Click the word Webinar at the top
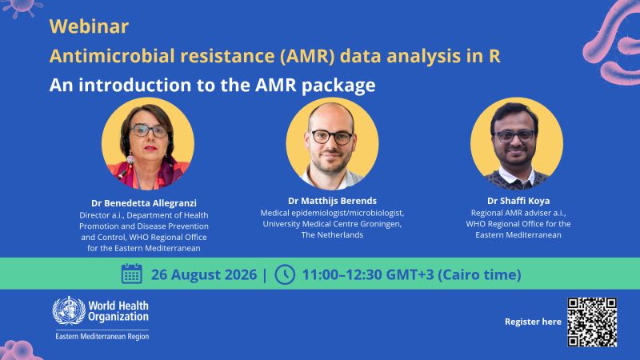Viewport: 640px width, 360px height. pyautogui.click(x=89, y=26)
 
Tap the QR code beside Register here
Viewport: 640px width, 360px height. pyautogui.click(x=592, y=322)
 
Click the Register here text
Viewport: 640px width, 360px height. pyautogui.click(x=533, y=322)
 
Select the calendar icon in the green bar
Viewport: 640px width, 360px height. pyautogui.click(x=131, y=274)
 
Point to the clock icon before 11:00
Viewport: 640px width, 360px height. pyautogui.click(x=285, y=274)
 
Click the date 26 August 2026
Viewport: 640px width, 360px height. pyautogui.click(x=204, y=274)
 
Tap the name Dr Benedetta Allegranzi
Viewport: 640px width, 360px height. pyautogui.click(x=144, y=203)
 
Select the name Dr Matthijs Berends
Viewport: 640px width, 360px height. pyautogui.click(x=332, y=201)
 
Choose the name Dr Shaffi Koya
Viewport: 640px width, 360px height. pyautogui.click(x=518, y=201)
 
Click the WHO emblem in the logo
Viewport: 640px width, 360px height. pyautogui.click(x=69, y=310)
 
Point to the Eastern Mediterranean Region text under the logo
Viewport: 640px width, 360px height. pyautogui.click(x=102, y=336)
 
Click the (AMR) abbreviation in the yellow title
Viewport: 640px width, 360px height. pyautogui.click(x=307, y=56)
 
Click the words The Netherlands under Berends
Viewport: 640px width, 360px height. pyautogui.click(x=332, y=234)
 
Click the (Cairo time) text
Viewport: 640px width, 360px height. pyautogui.click(x=479, y=274)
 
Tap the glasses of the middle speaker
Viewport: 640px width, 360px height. pyautogui.click(x=332, y=137)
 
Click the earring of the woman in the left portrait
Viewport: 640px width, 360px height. pyautogui.click(x=130, y=160)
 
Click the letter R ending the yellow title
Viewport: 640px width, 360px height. pyautogui.click(x=494, y=56)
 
